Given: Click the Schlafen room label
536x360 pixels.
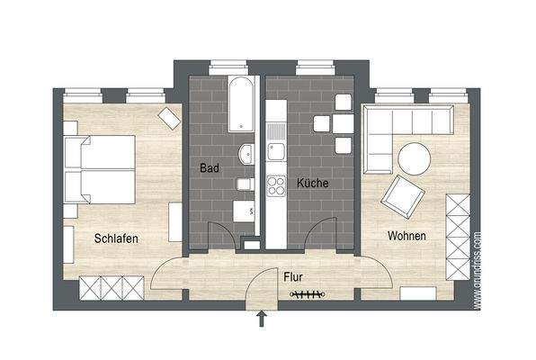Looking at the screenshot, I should coord(120,238).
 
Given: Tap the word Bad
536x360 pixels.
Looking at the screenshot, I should coord(210,167).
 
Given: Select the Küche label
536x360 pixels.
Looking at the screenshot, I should coord(312,183).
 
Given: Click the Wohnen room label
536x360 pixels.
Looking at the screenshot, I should coord(406,236).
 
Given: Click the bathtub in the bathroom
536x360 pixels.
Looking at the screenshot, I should coord(242,103).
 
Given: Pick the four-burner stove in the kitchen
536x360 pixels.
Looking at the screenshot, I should coord(275,188).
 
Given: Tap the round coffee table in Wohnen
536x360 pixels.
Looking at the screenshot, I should coord(415,160).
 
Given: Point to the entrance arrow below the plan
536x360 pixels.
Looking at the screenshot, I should coord(262,318).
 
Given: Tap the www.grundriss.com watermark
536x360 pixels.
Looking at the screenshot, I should coord(477,270).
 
